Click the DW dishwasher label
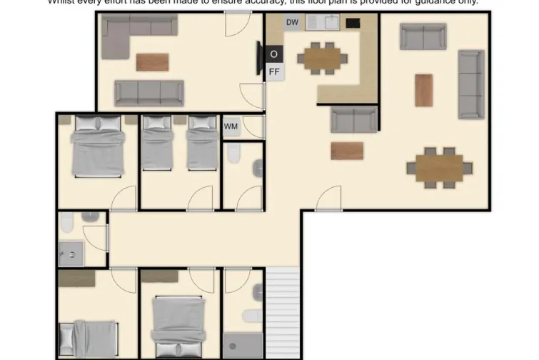click(292, 22)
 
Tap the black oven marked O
click(274, 54)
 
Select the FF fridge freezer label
click(274, 71)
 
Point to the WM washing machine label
click(231, 126)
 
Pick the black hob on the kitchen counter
click(353, 23)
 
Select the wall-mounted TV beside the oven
click(260, 57)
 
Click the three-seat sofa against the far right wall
click(470, 84)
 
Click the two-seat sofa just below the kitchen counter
click(353, 119)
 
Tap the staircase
click(286, 312)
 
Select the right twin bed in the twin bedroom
click(201, 144)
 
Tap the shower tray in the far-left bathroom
click(71, 253)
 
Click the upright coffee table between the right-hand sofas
click(424, 90)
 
